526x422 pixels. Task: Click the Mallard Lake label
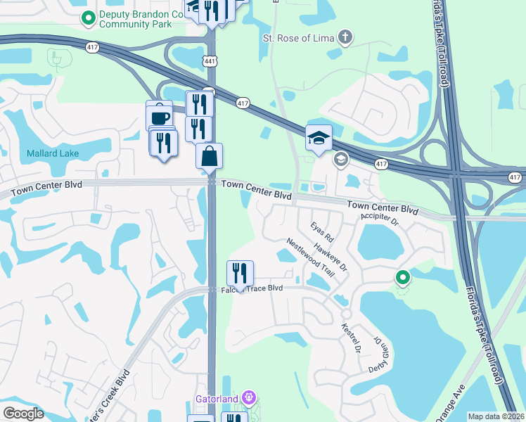click(x=53, y=153)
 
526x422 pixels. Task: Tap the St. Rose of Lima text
click(x=297, y=37)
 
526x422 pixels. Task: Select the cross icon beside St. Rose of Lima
click(x=345, y=37)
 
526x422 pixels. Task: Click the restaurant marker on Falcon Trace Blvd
click(x=240, y=274)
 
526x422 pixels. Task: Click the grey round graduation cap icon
click(x=341, y=160)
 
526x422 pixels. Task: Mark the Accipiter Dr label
click(x=380, y=222)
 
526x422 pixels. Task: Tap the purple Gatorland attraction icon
click(x=247, y=399)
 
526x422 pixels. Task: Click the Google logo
click(x=23, y=414)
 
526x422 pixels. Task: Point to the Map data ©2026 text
click(x=495, y=416)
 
